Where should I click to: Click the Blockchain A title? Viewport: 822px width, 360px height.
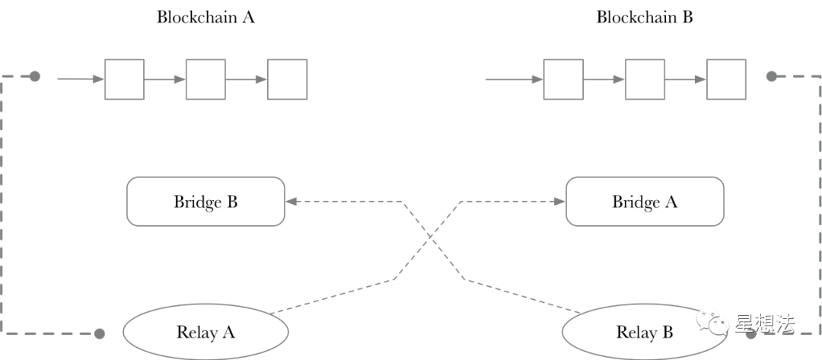pos(205,17)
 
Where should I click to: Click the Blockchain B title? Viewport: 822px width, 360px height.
pos(645,17)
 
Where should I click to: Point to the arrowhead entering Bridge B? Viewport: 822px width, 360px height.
pos(291,201)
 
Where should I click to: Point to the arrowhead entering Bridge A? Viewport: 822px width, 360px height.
pos(560,201)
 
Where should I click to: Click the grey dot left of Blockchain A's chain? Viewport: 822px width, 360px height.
pos(34,77)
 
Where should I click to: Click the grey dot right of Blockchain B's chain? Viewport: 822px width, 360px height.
pos(771,77)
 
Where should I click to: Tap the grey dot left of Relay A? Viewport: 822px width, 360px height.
pos(100,333)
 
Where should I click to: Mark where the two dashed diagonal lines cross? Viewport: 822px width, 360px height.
pos(431,237)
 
